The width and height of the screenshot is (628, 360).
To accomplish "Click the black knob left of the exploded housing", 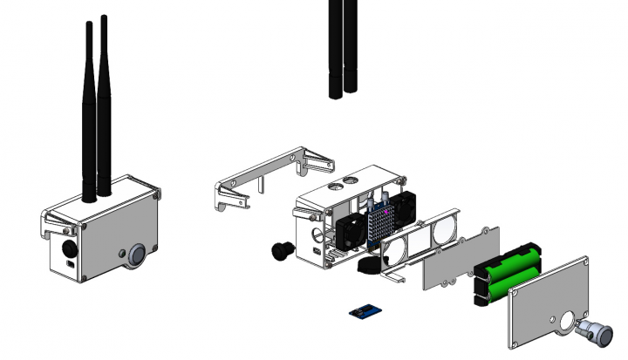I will (x=282, y=250).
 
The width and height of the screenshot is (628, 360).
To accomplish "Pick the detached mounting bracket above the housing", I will (x=262, y=179).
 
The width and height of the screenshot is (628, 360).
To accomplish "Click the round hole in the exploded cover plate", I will (x=568, y=323).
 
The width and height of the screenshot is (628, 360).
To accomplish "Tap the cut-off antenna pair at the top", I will (x=343, y=48).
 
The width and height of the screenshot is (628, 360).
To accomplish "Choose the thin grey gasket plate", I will (x=461, y=258).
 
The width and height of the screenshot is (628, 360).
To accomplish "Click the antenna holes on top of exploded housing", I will (x=343, y=183).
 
